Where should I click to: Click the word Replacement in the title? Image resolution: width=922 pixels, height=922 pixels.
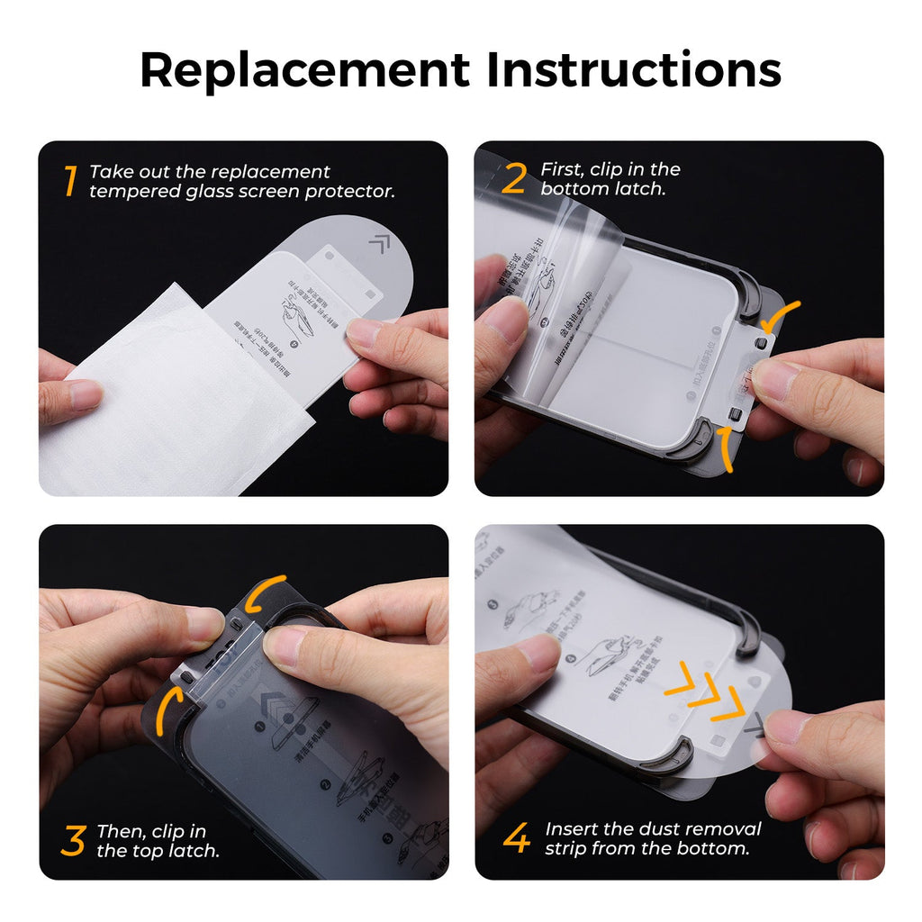click(x=304, y=70)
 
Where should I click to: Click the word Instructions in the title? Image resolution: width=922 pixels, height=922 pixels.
click(x=634, y=70)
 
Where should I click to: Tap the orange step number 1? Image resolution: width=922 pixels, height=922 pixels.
click(x=69, y=181)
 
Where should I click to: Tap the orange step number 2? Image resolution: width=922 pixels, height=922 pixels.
click(x=513, y=179)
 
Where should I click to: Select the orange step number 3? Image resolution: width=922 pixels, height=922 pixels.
click(x=72, y=840)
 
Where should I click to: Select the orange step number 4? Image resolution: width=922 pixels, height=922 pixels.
click(x=517, y=838)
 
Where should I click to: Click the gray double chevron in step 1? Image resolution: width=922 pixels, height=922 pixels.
click(x=379, y=242)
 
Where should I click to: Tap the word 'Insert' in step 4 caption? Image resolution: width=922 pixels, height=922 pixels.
click(x=574, y=829)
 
